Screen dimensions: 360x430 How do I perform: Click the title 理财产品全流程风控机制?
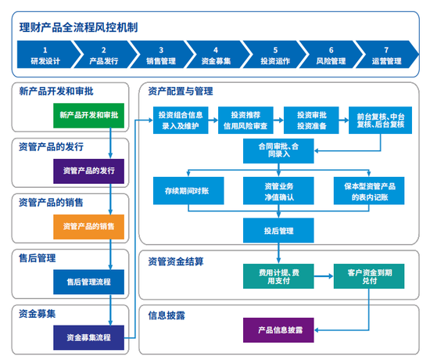[79, 26]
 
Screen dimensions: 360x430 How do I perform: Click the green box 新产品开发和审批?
[89, 115]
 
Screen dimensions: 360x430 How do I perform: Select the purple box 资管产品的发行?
[88, 171]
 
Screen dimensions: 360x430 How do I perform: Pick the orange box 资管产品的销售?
[88, 226]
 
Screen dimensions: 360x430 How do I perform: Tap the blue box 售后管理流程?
[88, 281]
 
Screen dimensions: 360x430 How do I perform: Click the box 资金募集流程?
[88, 337]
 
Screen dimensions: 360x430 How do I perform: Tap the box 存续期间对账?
[188, 191]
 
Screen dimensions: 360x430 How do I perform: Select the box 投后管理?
[278, 231]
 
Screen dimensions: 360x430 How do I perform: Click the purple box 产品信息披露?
[279, 330]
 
